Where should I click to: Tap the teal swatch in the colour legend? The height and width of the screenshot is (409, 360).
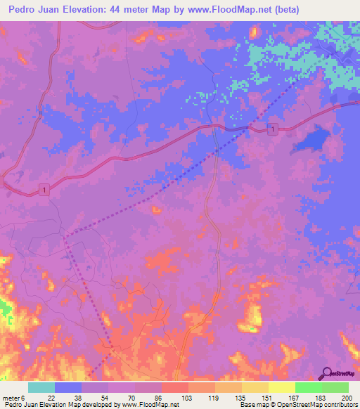coord(41,387)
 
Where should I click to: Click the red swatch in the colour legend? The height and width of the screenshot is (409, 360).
coord(175,387)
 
